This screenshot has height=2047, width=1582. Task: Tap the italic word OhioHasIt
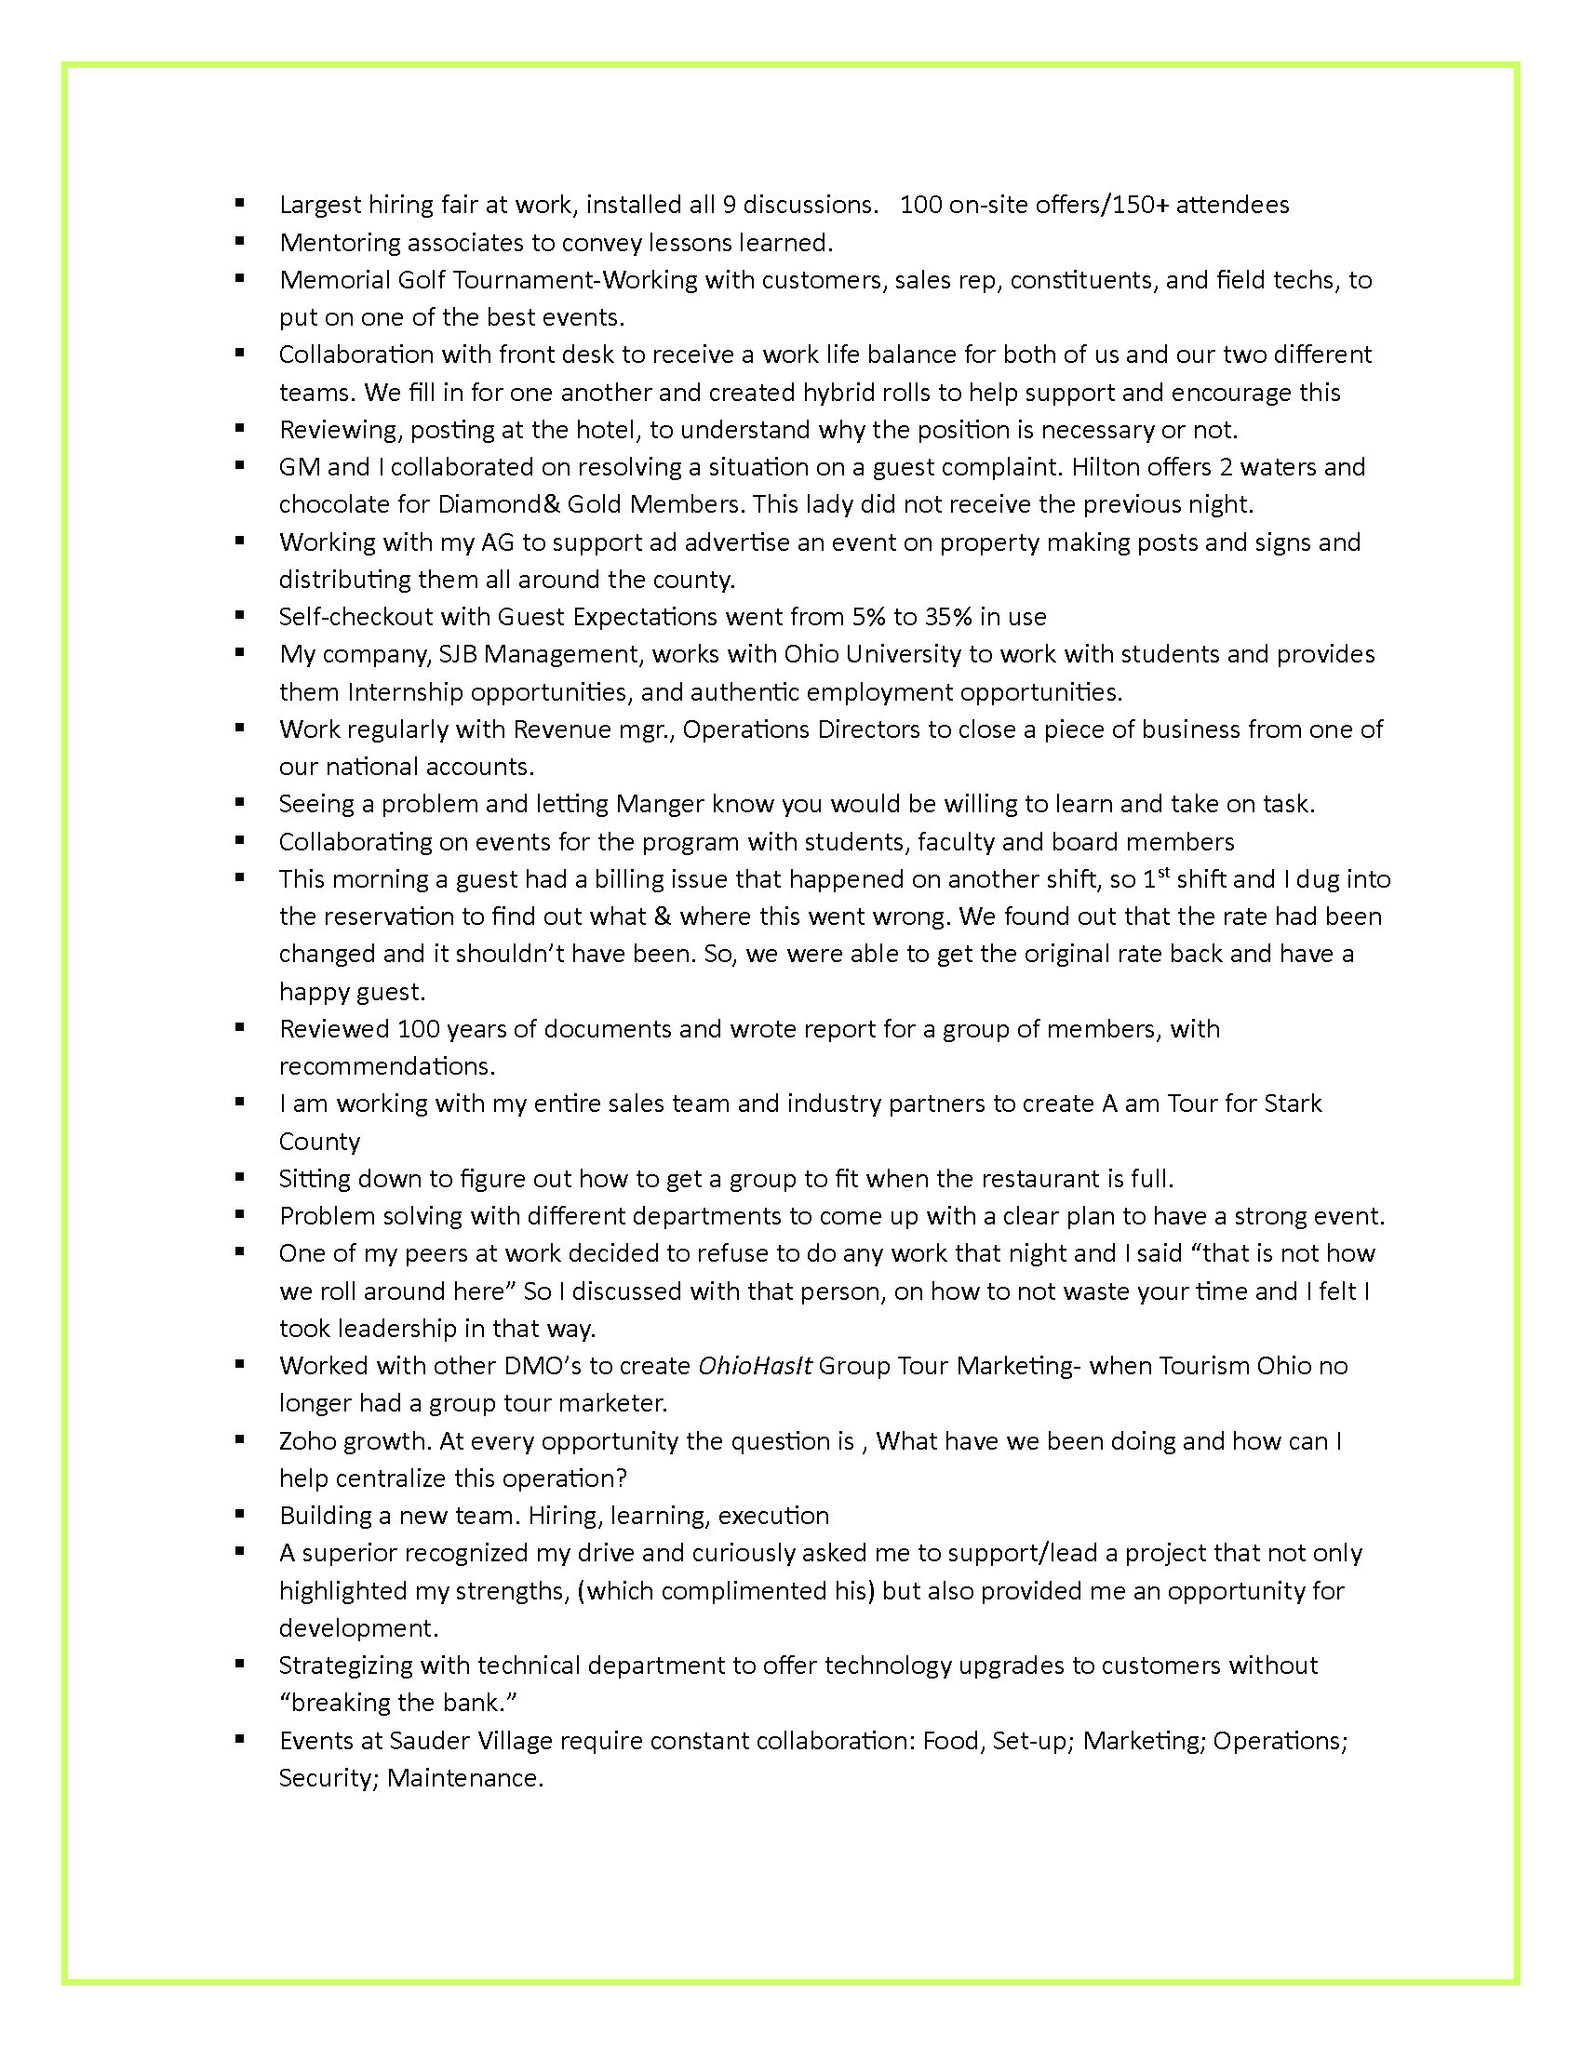coord(756,1366)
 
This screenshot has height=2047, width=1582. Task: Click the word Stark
coord(1293,1104)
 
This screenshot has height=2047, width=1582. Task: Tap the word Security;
coord(328,1778)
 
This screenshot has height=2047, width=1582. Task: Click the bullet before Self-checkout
coord(240,615)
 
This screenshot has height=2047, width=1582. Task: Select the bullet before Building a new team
coord(240,1514)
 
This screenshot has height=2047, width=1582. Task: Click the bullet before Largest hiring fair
coord(240,203)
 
